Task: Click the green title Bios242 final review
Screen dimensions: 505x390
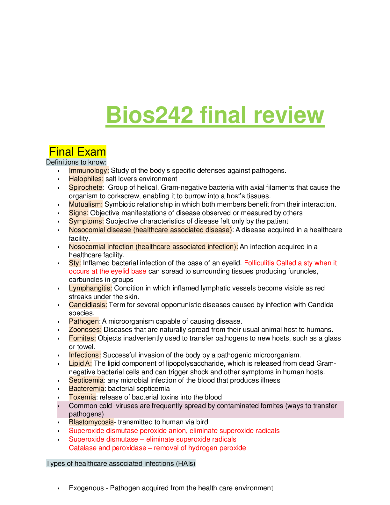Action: [215, 115]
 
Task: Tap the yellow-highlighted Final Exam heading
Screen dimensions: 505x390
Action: [77, 152]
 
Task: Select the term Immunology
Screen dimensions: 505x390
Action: [89, 171]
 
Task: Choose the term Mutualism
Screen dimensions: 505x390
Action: [86, 204]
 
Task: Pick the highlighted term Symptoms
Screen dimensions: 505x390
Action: [86, 221]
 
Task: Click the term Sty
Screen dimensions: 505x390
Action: [75, 263]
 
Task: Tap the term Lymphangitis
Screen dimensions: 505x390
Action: [90, 288]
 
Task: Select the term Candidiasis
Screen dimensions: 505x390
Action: [88, 305]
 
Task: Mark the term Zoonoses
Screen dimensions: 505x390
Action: [85, 330]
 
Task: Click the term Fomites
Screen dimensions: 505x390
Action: [82, 338]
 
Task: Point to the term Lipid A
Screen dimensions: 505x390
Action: [80, 363]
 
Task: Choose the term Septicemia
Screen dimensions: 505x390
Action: [86, 380]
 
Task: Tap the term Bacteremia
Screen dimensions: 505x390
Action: [86, 389]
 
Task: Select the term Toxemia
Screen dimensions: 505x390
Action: [82, 397]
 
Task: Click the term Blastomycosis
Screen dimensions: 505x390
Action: [91, 422]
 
